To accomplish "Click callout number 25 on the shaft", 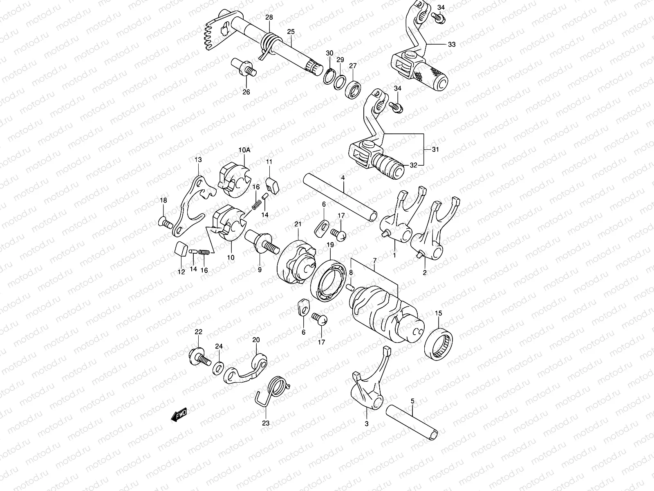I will pyautogui.click(x=291, y=32).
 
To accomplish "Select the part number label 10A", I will pyautogui.click(x=244, y=150).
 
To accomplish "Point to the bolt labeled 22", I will pyautogui.click(x=199, y=357).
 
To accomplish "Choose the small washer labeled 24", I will pyautogui.click(x=218, y=364).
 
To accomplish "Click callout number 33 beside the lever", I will pyautogui.click(x=451, y=45).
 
